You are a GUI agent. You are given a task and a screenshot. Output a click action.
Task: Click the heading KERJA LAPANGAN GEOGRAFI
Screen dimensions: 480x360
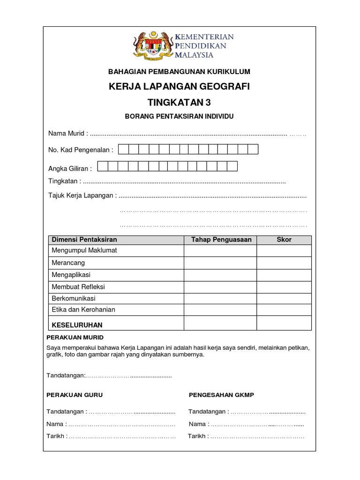[x=180, y=87]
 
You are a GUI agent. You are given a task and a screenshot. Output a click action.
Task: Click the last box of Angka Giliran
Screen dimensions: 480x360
[x=232, y=166]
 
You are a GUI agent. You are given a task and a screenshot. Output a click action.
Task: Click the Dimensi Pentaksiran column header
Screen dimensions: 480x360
[x=84, y=240]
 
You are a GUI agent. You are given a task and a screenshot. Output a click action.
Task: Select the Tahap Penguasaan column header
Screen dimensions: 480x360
[x=221, y=240]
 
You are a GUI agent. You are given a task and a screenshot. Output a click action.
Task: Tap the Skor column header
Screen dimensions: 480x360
[x=284, y=240]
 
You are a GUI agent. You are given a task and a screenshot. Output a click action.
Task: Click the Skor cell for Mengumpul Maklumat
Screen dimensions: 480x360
[x=284, y=251]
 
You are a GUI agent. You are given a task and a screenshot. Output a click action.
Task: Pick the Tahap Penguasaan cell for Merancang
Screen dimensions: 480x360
[x=220, y=263]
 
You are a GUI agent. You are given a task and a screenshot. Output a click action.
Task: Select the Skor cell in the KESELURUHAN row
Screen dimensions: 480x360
[x=284, y=323]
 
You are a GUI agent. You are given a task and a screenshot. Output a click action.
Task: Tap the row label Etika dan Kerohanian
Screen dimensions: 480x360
[x=83, y=309]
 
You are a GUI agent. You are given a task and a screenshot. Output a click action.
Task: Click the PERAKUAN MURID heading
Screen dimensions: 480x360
[x=75, y=337]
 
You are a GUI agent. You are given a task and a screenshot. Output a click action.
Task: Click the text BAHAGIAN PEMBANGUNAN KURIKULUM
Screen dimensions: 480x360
[x=180, y=72]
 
